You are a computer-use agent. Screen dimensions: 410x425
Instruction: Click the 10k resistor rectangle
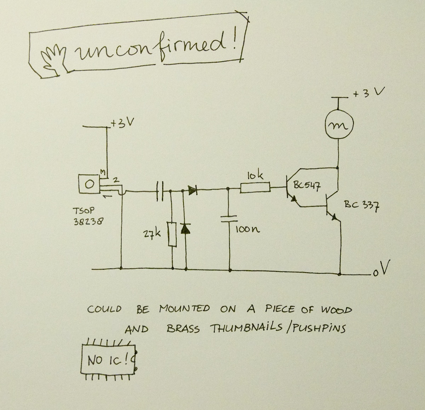255,188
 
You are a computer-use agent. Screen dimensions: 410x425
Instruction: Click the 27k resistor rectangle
172,234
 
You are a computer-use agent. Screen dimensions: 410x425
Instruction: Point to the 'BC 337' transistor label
361,205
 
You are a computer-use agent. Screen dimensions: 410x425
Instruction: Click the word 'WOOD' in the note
336,310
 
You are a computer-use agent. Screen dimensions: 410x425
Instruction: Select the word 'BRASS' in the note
183,329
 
